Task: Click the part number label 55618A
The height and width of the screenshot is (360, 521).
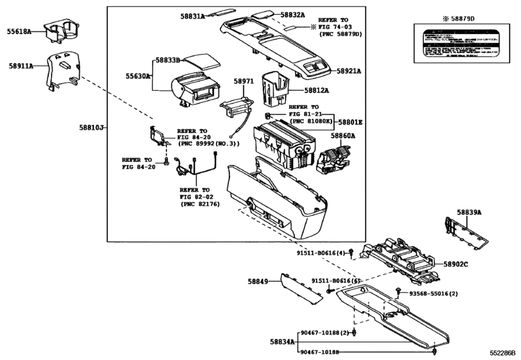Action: (19, 31)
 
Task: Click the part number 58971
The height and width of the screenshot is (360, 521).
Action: (243, 82)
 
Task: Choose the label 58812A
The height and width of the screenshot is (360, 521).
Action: (317, 91)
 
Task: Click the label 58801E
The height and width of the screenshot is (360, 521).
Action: (351, 122)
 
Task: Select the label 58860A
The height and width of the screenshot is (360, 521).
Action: (344, 136)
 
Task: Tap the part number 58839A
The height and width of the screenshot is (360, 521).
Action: (469, 212)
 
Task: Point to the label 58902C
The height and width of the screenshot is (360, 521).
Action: (457, 264)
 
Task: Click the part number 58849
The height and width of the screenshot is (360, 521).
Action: (259, 281)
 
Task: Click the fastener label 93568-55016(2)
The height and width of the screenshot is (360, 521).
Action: (434, 293)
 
